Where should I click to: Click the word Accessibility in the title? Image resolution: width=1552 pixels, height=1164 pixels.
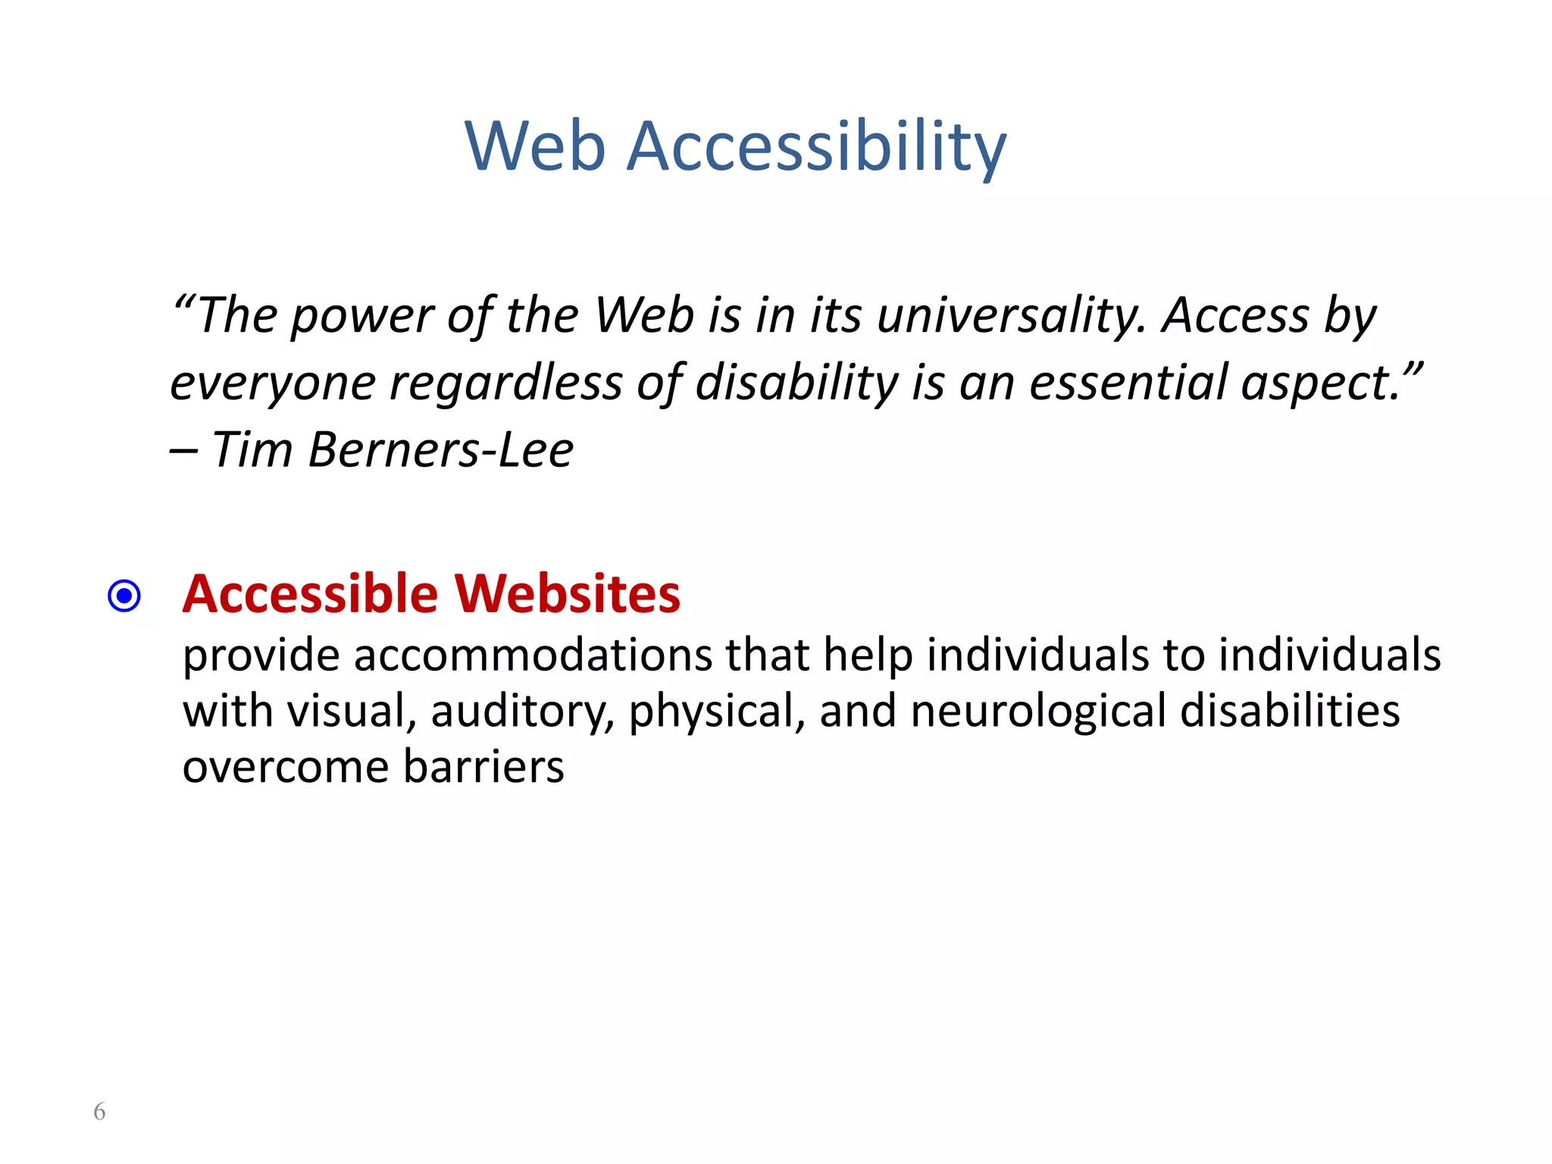click(817, 148)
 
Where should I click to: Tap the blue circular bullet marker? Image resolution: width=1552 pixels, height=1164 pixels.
click(124, 596)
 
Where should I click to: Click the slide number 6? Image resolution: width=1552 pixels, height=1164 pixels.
click(99, 1112)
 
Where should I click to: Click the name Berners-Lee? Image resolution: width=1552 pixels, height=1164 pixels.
click(441, 450)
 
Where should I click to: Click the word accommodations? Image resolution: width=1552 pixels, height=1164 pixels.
click(533, 655)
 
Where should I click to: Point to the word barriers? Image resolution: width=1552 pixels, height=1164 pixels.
click(483, 767)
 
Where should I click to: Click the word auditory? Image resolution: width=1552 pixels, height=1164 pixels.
click(522, 713)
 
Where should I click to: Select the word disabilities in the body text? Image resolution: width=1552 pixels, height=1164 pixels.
click(1290, 712)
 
